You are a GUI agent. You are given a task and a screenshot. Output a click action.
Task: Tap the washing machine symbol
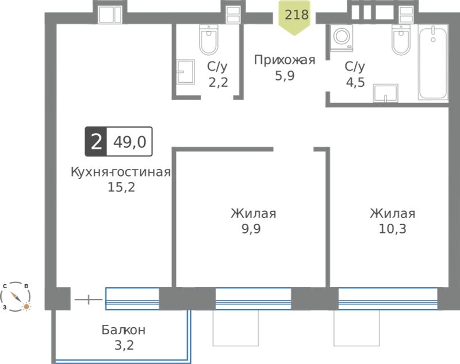pos(342,38)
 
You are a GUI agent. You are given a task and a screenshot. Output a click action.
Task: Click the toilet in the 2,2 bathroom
pos(209,40)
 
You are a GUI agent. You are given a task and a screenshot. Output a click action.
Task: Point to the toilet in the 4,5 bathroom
pos(401,40)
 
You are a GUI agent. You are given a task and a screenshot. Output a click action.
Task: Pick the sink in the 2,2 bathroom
pos(185,72)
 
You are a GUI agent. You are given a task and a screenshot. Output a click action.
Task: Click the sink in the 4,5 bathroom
pos(385,93)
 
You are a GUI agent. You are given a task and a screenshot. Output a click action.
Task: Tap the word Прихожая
pos(285,60)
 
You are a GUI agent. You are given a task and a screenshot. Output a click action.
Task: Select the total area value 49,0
pos(130,142)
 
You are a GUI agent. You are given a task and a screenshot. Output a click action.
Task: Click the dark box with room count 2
pos(96,141)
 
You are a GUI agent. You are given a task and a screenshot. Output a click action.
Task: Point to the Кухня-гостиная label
pos(121,172)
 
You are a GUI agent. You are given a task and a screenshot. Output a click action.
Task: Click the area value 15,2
pos(121,187)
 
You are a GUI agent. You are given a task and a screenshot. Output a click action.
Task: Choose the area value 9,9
pos(251,229)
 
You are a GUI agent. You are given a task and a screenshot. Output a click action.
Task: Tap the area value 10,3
pos(393,229)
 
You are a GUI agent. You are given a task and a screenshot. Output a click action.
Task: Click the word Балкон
pos(124,330)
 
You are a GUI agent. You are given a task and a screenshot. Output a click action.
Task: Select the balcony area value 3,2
pos(124,345)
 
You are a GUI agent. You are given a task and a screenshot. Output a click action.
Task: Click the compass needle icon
pos(16,297)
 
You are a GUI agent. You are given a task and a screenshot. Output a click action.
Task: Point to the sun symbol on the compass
pos(26,307)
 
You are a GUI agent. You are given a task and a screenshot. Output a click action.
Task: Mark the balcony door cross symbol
pos(89,300)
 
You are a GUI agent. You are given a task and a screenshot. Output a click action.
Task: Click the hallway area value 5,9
pos(285,76)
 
